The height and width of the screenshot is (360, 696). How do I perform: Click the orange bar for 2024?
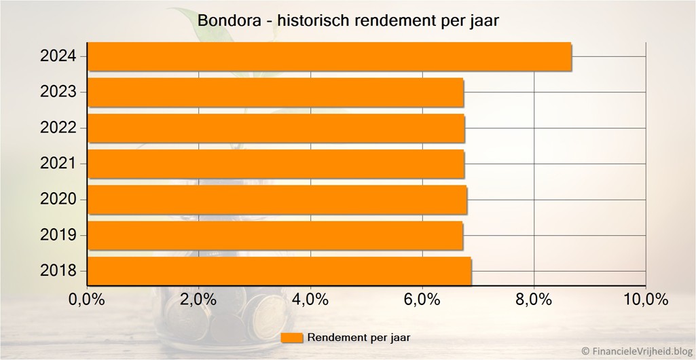point(329,56)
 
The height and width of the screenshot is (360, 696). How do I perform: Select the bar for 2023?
point(276,92)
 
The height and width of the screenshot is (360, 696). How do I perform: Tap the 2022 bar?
point(276,128)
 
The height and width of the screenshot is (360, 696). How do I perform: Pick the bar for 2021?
point(276,164)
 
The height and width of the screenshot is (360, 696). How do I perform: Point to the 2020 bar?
point(278,200)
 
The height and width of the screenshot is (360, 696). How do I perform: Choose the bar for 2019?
point(276,236)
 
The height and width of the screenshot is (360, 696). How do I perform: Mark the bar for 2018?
point(280,271)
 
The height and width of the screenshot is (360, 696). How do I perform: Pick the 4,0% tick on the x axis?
point(310,300)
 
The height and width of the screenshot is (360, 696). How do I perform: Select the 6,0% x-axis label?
point(422,300)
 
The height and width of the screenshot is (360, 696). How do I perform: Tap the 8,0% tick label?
point(534,300)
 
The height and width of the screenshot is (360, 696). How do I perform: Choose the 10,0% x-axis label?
point(645,300)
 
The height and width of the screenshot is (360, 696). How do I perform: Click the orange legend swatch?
point(291,338)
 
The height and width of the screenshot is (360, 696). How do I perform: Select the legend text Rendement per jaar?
point(359,337)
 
